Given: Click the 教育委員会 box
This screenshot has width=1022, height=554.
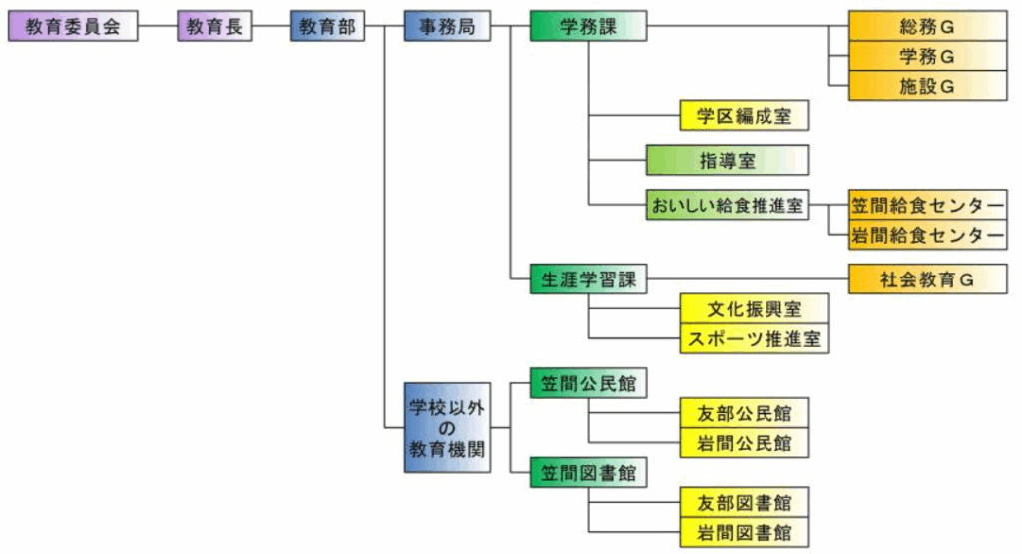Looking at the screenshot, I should tap(72, 27).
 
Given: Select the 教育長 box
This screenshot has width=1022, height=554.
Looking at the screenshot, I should tap(215, 27).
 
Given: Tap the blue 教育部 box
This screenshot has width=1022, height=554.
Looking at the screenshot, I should tap(327, 27).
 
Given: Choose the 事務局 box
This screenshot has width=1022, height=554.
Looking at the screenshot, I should tap(447, 27).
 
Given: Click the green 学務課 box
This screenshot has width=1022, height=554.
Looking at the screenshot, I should tap(588, 27).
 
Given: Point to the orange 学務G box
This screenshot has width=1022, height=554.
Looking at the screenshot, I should tap(927, 56).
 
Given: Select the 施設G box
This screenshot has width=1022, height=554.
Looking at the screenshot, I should tap(927, 86).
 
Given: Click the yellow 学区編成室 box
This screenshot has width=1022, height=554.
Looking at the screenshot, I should tap(744, 116).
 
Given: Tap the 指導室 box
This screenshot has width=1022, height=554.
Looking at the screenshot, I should tap(726, 160).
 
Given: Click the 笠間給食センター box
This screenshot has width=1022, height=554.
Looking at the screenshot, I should tap(927, 206).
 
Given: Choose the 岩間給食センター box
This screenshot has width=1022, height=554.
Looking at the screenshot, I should tap(927, 235).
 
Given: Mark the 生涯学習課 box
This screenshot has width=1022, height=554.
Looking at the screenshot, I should tap(588, 280).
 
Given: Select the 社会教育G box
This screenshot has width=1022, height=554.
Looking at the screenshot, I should tap(927, 280).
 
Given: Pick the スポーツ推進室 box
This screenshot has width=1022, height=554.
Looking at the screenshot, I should tap(755, 338).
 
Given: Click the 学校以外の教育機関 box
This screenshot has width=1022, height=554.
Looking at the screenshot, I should tap(447, 427).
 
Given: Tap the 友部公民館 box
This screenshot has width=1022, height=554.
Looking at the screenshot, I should tap(744, 412).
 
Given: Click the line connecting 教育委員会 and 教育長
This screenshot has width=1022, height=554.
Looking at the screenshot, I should tap(158, 27).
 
